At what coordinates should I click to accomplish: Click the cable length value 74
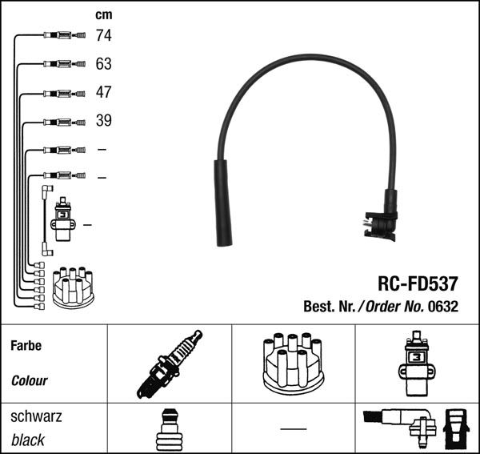(x=103, y=35)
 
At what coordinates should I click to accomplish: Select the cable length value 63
(x=103, y=63)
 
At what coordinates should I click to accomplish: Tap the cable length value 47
(x=103, y=92)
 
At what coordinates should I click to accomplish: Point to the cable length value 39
(x=103, y=121)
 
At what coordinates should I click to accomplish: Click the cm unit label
(x=103, y=14)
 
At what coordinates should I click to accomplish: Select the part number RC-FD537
(x=417, y=284)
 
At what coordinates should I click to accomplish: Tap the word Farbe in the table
(x=26, y=346)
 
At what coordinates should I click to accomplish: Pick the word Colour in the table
(x=30, y=381)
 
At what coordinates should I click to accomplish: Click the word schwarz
(x=36, y=417)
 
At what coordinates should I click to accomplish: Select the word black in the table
(x=28, y=440)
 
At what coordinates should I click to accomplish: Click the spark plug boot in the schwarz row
(x=168, y=429)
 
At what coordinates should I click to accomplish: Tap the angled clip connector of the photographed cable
(x=382, y=220)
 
